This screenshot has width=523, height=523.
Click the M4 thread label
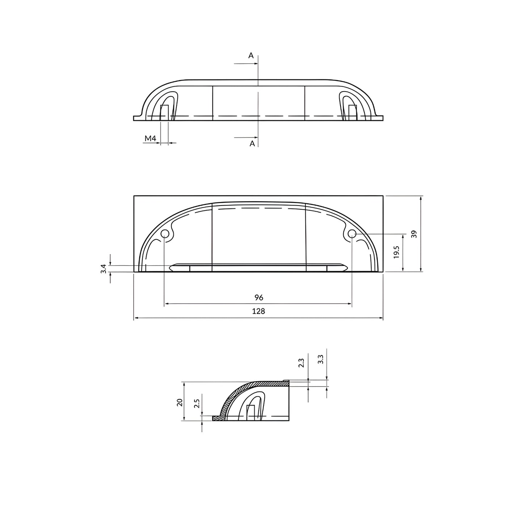150,138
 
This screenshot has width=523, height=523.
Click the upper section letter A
251,56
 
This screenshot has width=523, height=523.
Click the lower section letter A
252,144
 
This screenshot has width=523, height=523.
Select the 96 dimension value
259,298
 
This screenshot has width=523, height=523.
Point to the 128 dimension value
258,311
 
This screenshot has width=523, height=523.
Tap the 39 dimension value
414,234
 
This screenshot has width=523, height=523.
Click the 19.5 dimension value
396,252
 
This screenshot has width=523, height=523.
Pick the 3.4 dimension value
104,269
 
